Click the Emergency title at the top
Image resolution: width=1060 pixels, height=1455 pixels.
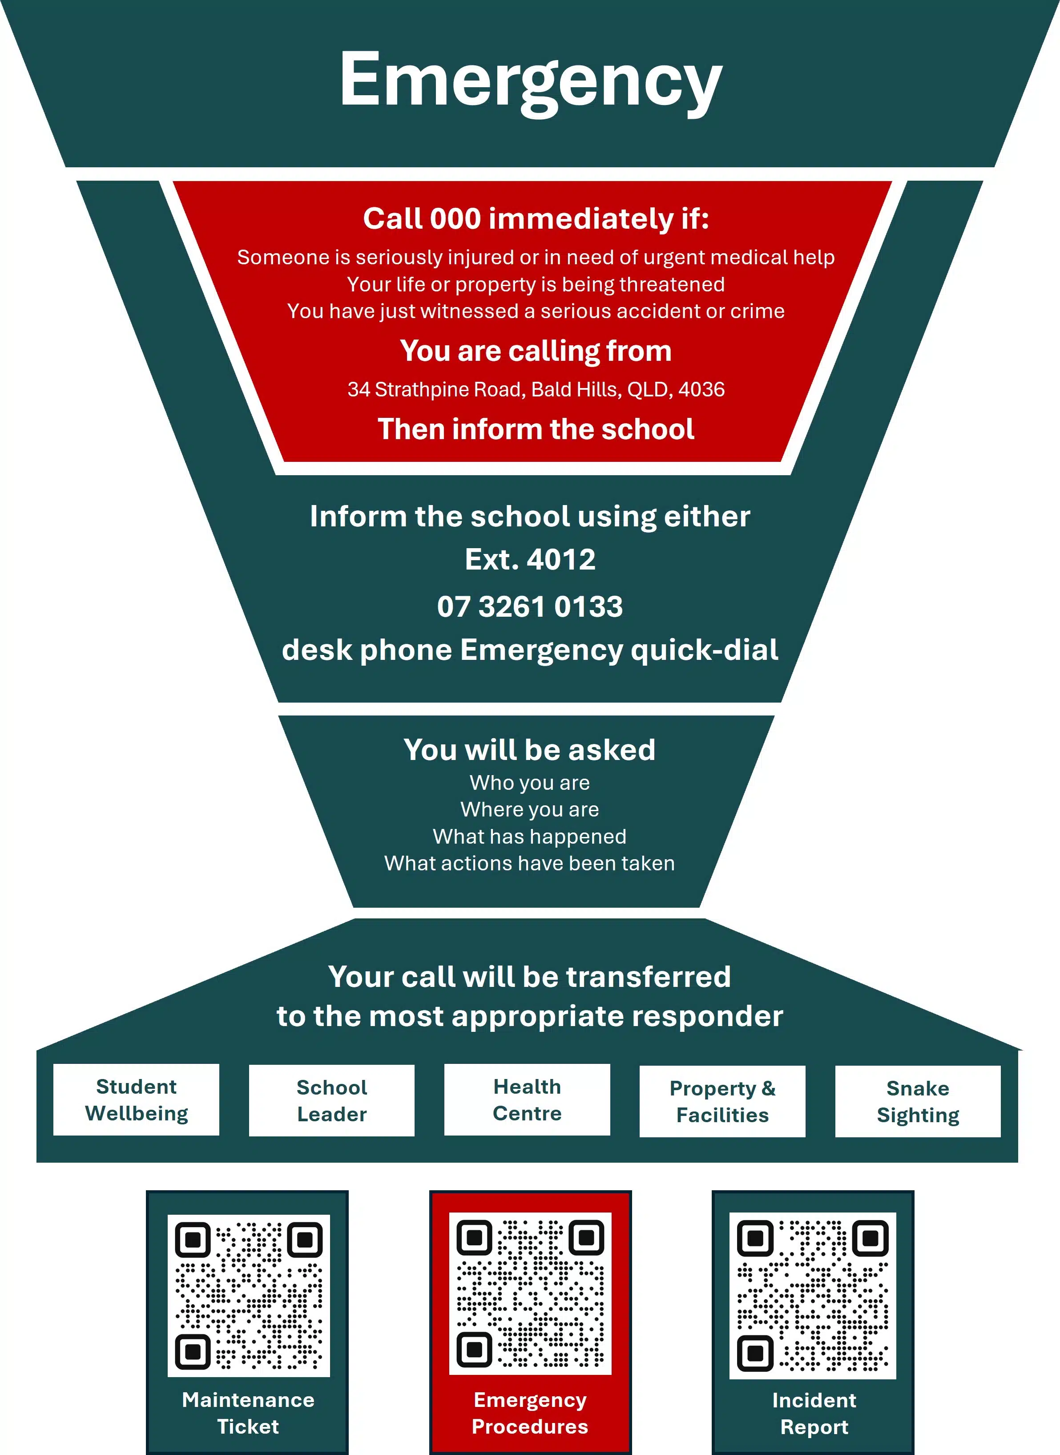click(531, 82)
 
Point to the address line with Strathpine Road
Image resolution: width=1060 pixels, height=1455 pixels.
click(536, 390)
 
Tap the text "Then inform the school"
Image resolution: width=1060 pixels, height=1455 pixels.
click(536, 429)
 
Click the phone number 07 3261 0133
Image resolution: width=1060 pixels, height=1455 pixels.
click(530, 606)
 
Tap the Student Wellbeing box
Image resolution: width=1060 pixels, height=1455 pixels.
click(136, 1100)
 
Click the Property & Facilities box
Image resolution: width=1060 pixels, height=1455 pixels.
click(722, 1101)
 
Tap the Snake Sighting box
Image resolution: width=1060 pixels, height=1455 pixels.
click(918, 1101)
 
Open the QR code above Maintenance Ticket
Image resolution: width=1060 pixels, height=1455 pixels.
click(249, 1296)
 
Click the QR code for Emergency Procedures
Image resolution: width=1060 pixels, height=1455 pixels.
click(530, 1294)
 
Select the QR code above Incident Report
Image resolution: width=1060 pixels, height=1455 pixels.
click(813, 1296)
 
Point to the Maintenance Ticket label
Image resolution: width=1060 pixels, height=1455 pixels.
click(248, 1413)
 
